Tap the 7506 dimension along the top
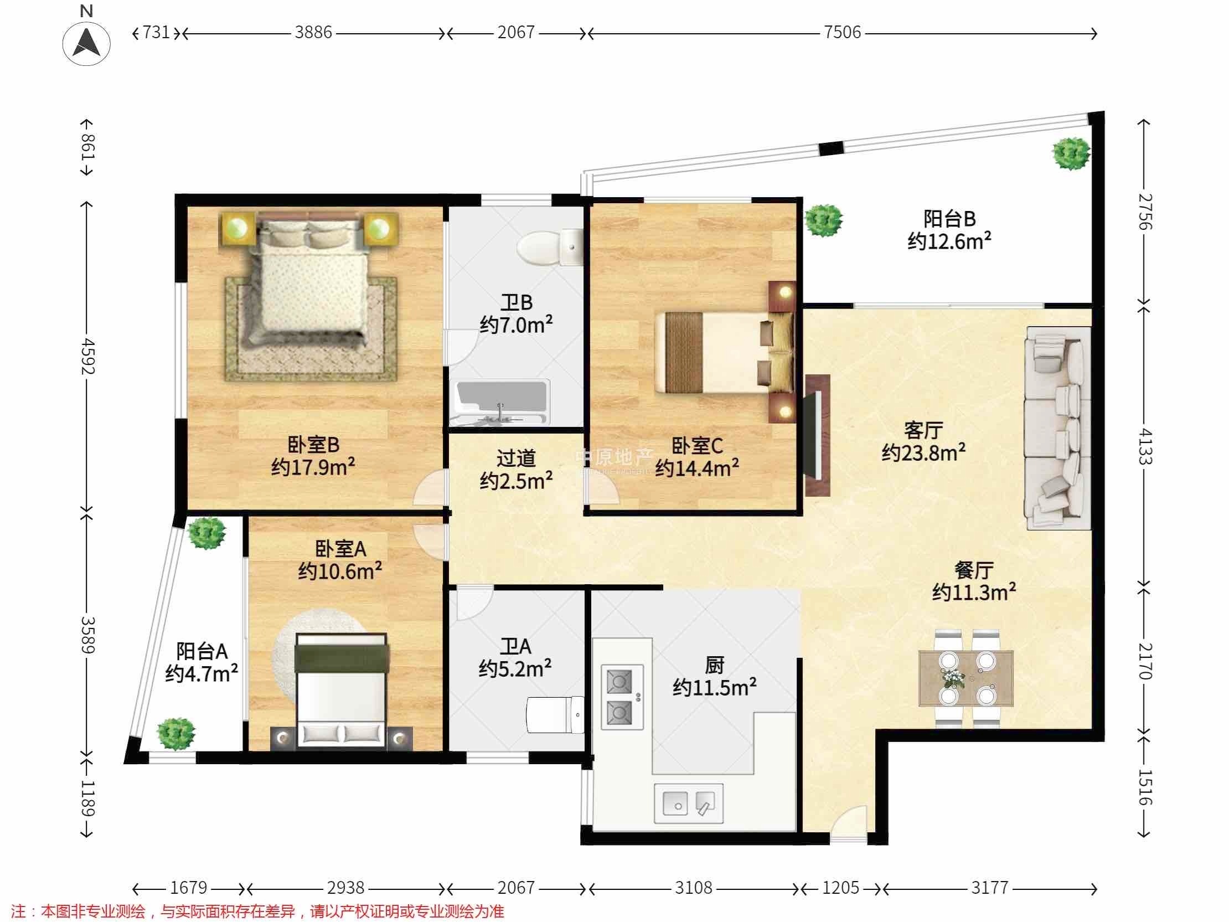(841, 32)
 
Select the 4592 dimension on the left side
(88, 356)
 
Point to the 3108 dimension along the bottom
(694, 888)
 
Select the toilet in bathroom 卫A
(555, 715)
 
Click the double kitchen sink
(689, 803)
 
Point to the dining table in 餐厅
(966, 678)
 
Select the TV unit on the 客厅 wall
(817, 435)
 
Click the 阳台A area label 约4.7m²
(202, 673)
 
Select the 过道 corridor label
(516, 458)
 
